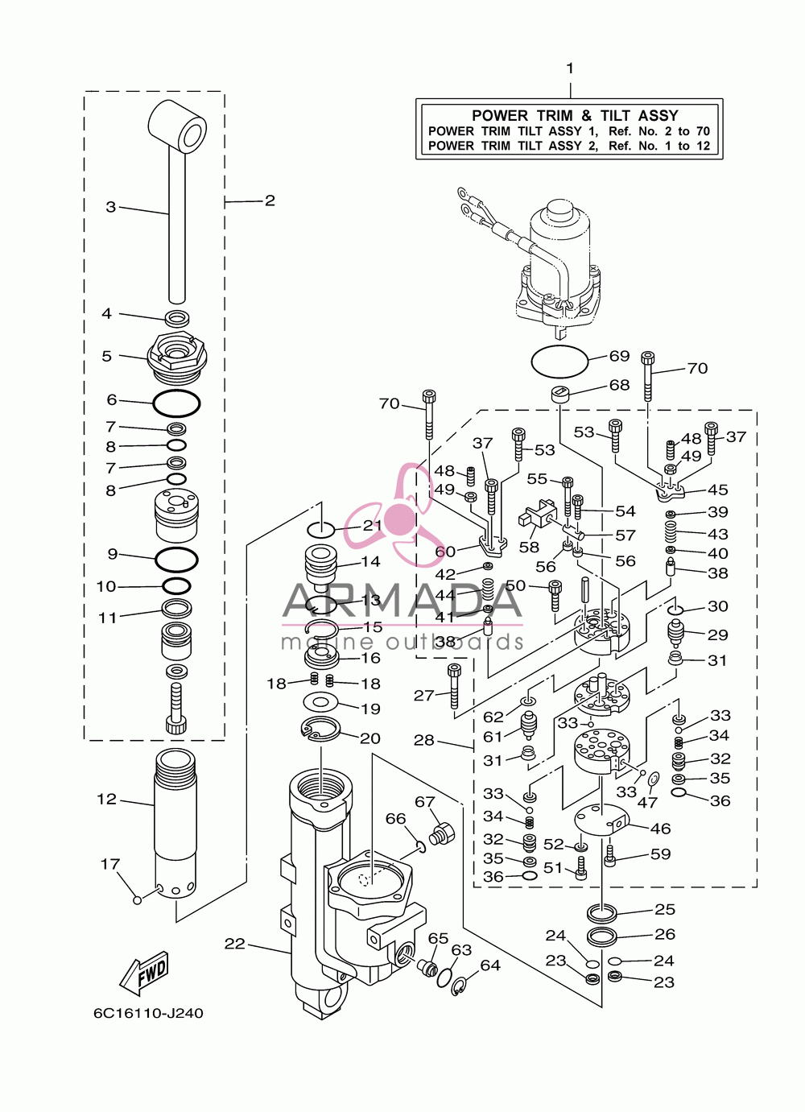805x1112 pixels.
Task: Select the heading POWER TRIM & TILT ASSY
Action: coord(575,116)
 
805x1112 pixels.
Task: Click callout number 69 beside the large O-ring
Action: coord(619,356)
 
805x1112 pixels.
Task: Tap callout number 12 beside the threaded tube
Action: coord(107,800)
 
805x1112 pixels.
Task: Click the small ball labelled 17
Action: coord(138,900)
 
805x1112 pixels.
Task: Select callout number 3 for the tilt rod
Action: coord(110,207)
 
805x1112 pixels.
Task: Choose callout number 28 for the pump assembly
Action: coord(424,741)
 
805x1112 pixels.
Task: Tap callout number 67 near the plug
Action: coord(425,802)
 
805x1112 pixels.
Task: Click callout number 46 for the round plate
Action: coord(661,829)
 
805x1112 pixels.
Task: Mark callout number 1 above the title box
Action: coord(570,68)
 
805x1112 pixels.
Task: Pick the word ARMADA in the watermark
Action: coord(402,600)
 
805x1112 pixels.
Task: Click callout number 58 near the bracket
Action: coord(529,548)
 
